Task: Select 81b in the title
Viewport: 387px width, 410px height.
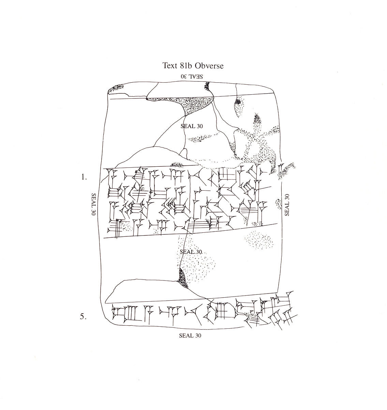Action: [x=185, y=65]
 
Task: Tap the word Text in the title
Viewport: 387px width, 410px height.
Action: [x=169, y=65]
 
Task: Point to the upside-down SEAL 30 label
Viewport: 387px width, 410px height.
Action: [x=192, y=76]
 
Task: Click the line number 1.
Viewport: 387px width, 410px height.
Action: [x=84, y=177]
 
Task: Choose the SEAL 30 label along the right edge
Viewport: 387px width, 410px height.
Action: [x=287, y=205]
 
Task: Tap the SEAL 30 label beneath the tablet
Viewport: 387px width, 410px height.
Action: [x=190, y=336]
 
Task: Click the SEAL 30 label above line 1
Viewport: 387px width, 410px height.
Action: [x=192, y=126]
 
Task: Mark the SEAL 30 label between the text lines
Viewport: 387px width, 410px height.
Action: [x=191, y=252]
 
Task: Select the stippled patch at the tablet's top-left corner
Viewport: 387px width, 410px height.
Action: [x=116, y=88]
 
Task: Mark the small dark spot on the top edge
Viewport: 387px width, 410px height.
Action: [x=207, y=86]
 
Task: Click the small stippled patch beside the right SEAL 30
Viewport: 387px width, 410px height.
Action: [x=279, y=204]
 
